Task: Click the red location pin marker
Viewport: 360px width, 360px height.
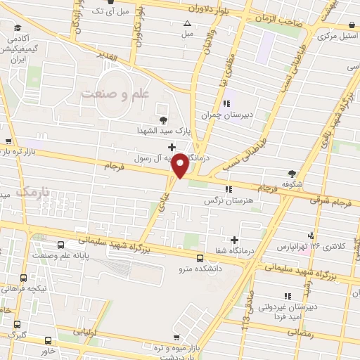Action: (180, 166)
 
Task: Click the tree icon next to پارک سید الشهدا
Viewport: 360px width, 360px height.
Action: (164, 119)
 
